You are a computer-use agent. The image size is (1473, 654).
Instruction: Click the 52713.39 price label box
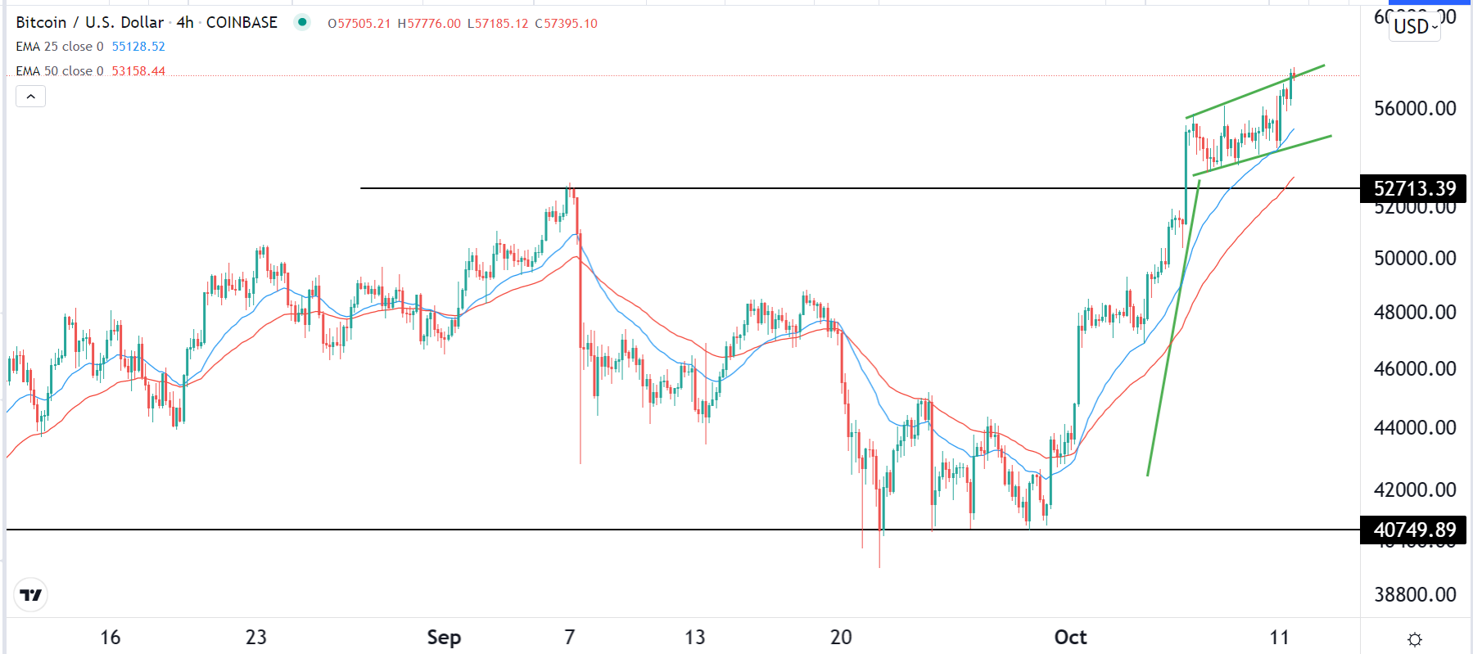pyautogui.click(x=1413, y=189)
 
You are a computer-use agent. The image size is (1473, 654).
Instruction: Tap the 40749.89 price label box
pyautogui.click(x=1413, y=530)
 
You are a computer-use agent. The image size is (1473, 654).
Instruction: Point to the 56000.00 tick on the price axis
pyautogui.click(x=1415, y=109)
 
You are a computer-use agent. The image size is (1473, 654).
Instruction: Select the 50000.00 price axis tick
pyautogui.click(x=1415, y=259)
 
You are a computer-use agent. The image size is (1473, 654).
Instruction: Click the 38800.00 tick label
pyautogui.click(x=1415, y=595)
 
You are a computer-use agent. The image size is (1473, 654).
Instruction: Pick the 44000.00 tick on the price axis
pyautogui.click(x=1415, y=428)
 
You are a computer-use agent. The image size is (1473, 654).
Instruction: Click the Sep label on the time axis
pyautogui.click(x=444, y=638)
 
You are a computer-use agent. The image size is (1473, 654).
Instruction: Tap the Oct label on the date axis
pyautogui.click(x=1070, y=638)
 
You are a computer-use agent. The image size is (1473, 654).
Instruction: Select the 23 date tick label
pyautogui.click(x=256, y=638)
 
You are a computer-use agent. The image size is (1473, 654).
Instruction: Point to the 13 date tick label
pyautogui.click(x=695, y=638)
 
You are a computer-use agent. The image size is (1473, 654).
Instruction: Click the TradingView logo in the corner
pyautogui.click(x=31, y=595)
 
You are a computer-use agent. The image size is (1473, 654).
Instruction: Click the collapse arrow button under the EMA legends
pyautogui.click(x=31, y=97)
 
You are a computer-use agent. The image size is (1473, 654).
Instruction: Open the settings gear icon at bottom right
pyautogui.click(x=1414, y=639)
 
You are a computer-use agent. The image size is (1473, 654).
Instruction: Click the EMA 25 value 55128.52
pyautogui.click(x=138, y=47)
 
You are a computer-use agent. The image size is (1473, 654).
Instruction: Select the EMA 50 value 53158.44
pyautogui.click(x=138, y=71)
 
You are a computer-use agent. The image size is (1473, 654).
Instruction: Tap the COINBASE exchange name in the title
pyautogui.click(x=242, y=23)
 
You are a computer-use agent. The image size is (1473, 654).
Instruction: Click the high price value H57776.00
pyautogui.click(x=429, y=24)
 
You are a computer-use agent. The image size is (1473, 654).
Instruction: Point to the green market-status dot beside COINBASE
pyautogui.click(x=302, y=23)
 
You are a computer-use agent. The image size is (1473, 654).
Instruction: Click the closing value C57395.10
pyautogui.click(x=567, y=24)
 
